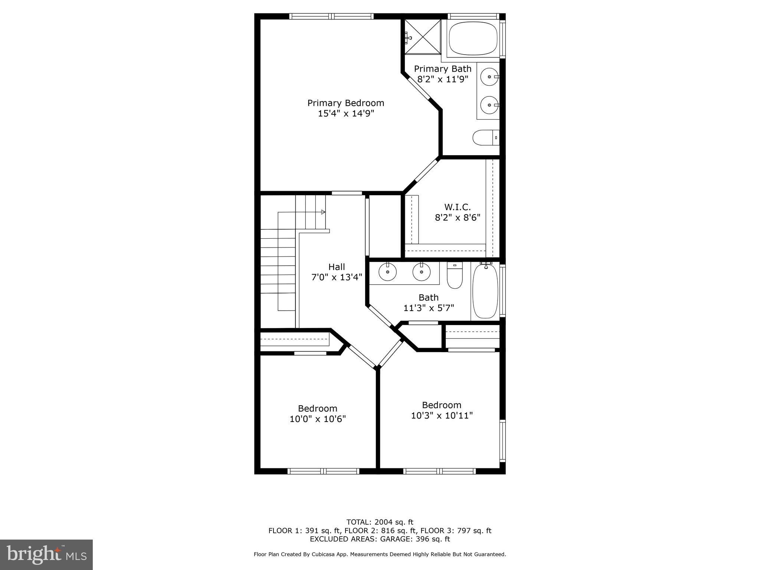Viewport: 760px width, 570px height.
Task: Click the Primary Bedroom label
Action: click(x=345, y=103)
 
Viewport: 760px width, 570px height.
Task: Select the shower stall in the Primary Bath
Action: click(x=422, y=37)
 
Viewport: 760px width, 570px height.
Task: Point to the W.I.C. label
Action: click(x=457, y=207)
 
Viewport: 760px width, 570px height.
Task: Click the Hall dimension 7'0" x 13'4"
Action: click(x=336, y=277)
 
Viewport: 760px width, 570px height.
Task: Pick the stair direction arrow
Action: click(x=323, y=212)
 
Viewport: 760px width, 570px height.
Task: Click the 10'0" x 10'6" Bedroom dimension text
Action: click(x=318, y=419)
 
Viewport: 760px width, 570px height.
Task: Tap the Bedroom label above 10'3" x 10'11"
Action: click(x=442, y=405)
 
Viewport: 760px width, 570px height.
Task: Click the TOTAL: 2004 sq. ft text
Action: click(x=380, y=522)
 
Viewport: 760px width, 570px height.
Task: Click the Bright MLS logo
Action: click(x=46, y=554)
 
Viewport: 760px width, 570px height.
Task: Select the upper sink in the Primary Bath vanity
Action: click(x=489, y=77)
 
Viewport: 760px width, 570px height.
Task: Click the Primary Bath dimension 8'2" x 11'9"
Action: click(x=443, y=79)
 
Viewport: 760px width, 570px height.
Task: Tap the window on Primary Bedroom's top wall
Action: click(x=331, y=16)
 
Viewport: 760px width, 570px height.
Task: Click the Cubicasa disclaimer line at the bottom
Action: click(x=380, y=554)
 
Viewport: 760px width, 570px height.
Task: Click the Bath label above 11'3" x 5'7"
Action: click(x=429, y=297)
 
